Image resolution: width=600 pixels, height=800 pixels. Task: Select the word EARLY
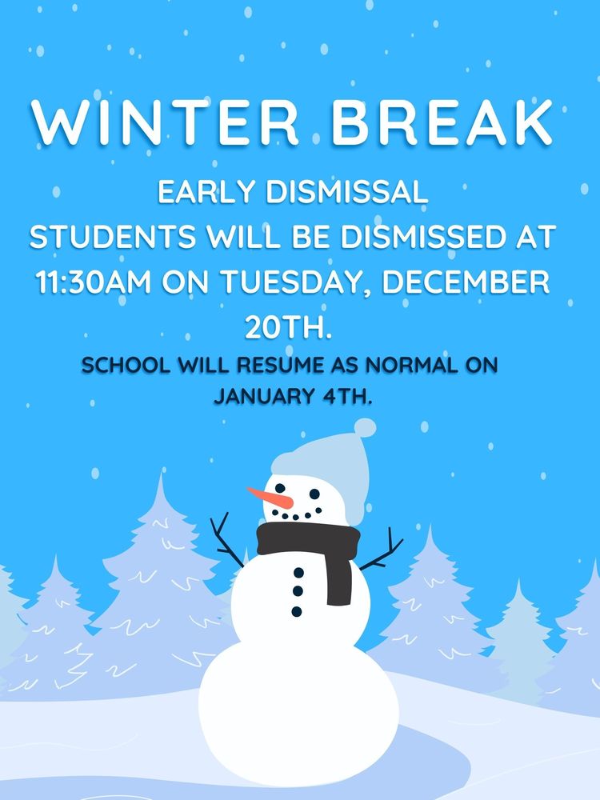[x=198, y=193]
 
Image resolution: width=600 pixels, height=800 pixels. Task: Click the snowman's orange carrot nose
[x=267, y=498]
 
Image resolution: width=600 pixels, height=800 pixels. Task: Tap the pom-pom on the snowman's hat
[x=365, y=427]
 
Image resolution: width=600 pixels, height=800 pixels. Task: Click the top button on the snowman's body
[x=298, y=573]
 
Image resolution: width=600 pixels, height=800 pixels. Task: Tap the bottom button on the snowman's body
[x=297, y=611]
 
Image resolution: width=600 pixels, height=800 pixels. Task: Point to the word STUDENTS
[x=109, y=238]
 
